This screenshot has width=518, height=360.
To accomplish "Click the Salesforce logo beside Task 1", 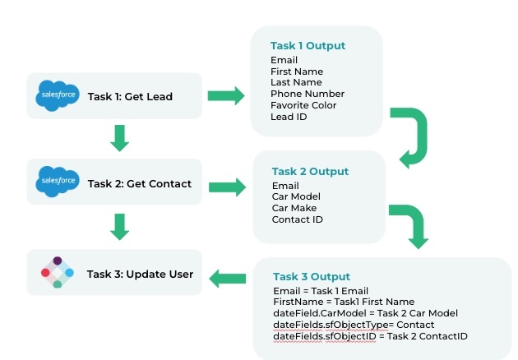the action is pyautogui.click(x=58, y=95).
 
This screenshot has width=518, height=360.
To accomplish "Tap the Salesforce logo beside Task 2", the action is pyautogui.click(x=58, y=182).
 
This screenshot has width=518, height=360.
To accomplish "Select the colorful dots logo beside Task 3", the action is pyautogui.click(x=58, y=273).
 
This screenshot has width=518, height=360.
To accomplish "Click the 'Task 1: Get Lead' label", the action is pyautogui.click(x=130, y=96).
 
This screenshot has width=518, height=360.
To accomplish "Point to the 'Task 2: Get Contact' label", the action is pyautogui.click(x=140, y=183).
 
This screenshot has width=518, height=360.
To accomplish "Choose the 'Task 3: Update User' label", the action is pyautogui.click(x=140, y=275).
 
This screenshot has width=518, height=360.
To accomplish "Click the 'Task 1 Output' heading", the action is pyautogui.click(x=308, y=45).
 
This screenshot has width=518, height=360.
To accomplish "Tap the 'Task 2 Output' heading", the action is pyautogui.click(x=310, y=172).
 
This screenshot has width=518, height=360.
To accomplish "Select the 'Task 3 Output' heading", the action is pyautogui.click(x=312, y=276).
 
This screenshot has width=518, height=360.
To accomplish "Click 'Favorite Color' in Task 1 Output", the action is pyautogui.click(x=303, y=105).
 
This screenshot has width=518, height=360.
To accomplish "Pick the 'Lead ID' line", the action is pyautogui.click(x=289, y=117).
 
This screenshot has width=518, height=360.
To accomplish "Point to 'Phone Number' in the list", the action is pyautogui.click(x=308, y=94).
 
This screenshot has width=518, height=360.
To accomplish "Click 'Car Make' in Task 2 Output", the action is pyautogui.click(x=294, y=208).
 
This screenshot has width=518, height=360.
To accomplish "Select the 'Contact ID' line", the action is pyautogui.click(x=298, y=219).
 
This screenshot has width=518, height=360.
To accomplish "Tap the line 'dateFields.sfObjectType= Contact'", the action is pyautogui.click(x=354, y=325).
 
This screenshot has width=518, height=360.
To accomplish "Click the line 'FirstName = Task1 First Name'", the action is pyautogui.click(x=344, y=302).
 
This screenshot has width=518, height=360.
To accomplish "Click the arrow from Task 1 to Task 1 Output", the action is pyautogui.click(x=226, y=96).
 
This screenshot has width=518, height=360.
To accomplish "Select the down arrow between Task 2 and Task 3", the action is pyautogui.click(x=119, y=227).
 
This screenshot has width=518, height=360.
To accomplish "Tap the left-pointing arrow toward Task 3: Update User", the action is pyautogui.click(x=228, y=279).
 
